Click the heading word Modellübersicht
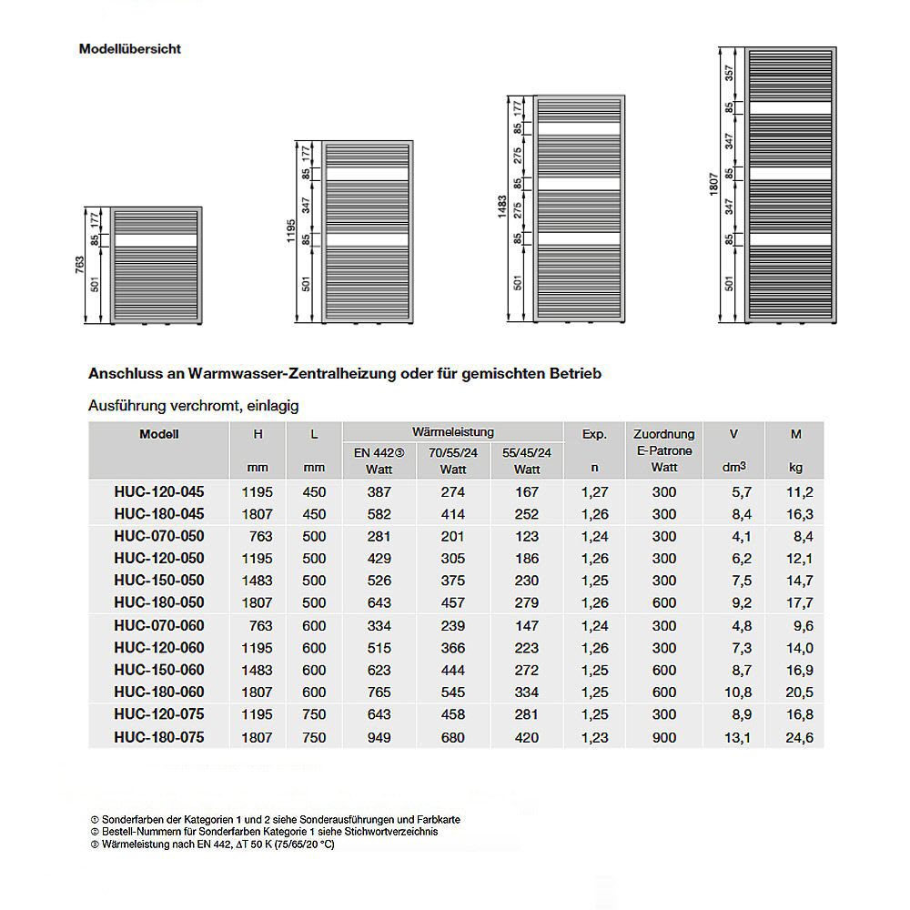tap(130, 49)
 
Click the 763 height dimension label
tap(80, 265)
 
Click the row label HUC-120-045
tap(159, 491)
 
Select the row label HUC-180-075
tap(159, 737)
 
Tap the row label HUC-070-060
tap(159, 625)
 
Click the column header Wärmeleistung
tap(452, 431)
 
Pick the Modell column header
tap(159, 434)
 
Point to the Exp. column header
tap(594, 434)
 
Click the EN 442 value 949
tap(379, 738)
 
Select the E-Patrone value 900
tap(664, 738)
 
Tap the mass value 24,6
tap(796, 738)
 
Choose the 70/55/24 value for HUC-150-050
tap(452, 581)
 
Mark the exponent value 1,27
tap(594, 491)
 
